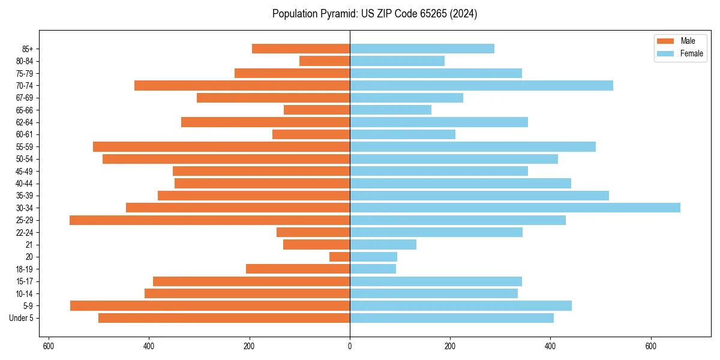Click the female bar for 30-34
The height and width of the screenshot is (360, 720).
515,208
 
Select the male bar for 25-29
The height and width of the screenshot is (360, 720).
209,220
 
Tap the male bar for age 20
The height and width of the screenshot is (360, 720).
340,257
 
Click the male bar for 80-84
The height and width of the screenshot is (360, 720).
325,61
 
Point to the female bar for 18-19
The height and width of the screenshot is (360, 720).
373,269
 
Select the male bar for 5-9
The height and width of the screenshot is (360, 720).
210,306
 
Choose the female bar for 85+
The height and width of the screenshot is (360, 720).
422,49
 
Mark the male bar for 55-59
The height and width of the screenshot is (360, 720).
221,146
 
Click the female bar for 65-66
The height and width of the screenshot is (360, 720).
391,110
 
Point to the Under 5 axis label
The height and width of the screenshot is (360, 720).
21,318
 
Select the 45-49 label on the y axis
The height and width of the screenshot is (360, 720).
25,171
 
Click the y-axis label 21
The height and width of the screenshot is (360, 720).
29,245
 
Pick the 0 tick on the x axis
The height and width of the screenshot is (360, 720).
350,346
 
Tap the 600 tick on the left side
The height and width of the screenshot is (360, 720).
49,346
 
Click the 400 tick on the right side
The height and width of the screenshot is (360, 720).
550,346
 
